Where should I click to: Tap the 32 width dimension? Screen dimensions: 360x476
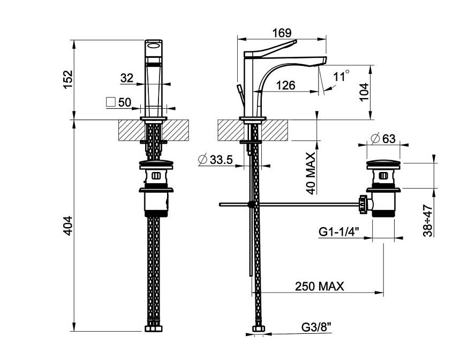(x=127, y=78)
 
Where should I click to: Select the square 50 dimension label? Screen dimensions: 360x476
(x=119, y=102)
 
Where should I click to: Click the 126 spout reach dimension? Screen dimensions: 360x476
(x=286, y=85)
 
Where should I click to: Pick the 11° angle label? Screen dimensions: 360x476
(x=341, y=76)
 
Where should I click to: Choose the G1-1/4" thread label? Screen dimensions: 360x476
(x=339, y=231)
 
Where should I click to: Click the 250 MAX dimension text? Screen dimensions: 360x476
(x=319, y=287)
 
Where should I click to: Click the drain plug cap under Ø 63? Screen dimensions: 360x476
(x=383, y=163)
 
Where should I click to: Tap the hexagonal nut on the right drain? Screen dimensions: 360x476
(x=364, y=205)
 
